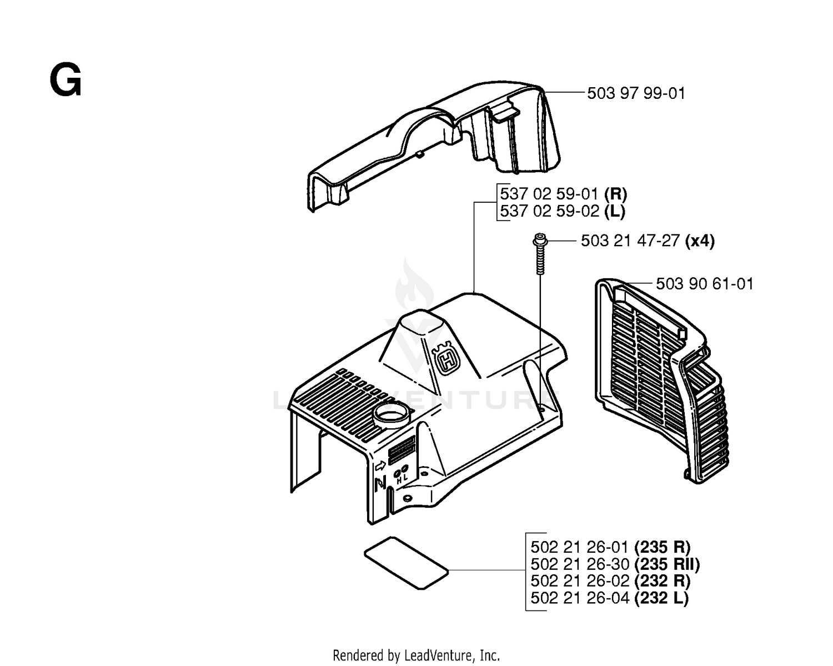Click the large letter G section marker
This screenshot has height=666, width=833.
tap(66, 79)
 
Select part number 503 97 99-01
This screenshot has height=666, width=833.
tap(636, 93)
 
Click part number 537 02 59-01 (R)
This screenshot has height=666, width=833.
tap(563, 194)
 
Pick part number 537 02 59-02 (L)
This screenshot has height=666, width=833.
tap(563, 212)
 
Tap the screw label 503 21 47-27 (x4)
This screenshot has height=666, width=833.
tap(648, 241)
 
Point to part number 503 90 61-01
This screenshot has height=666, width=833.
tap(705, 284)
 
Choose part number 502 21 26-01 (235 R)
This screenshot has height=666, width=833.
tap(610, 547)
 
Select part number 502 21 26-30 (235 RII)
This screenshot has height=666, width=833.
tap(615, 564)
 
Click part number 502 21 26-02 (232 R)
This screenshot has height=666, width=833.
tap(610, 581)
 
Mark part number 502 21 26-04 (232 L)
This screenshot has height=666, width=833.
tap(610, 598)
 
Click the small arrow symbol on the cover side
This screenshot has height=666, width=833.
tap(380, 466)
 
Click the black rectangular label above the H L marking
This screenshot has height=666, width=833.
tap(402, 449)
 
